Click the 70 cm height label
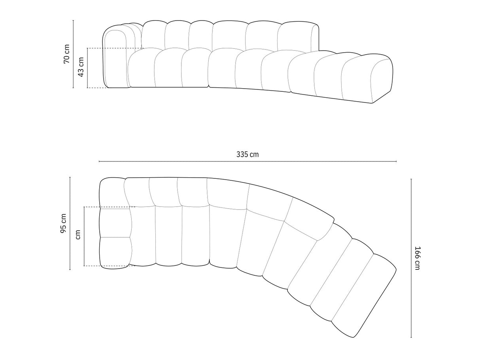click(x=67, y=54)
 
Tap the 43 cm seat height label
click(x=81, y=67)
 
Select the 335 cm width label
click(x=248, y=154)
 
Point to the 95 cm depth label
click(x=63, y=223)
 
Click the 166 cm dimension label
click(x=418, y=258)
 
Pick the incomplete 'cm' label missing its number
click(x=78, y=235)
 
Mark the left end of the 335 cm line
click(x=99, y=161)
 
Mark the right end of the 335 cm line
click(x=396, y=161)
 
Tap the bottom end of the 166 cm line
click(x=411, y=337)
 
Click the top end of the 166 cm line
click(x=411, y=179)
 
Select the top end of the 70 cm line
click(x=74, y=21)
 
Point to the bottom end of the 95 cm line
click(x=70, y=269)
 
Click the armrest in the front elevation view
click(x=115, y=59)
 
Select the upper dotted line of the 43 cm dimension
click(x=115, y=48)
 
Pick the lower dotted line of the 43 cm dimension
click(x=97, y=87)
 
